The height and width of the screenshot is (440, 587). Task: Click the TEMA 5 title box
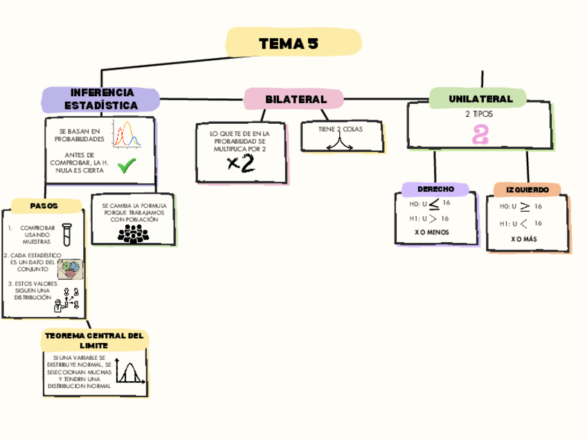click(x=293, y=44)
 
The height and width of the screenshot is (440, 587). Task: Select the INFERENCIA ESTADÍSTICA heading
click(x=101, y=100)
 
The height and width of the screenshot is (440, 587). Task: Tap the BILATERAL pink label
click(x=295, y=99)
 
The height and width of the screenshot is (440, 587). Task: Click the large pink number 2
click(x=479, y=135)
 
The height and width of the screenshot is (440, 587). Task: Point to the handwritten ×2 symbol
click(x=241, y=163)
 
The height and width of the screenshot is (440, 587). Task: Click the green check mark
click(x=127, y=165)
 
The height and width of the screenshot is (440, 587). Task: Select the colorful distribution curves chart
click(x=127, y=135)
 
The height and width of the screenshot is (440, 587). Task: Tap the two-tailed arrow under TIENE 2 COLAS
click(x=340, y=143)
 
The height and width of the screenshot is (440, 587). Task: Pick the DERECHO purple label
click(x=435, y=189)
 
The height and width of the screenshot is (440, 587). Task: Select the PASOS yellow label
click(x=44, y=206)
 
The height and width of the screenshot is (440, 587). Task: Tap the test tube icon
click(x=67, y=235)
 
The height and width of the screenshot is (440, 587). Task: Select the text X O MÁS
click(x=524, y=239)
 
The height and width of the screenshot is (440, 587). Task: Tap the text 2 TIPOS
click(x=478, y=114)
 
